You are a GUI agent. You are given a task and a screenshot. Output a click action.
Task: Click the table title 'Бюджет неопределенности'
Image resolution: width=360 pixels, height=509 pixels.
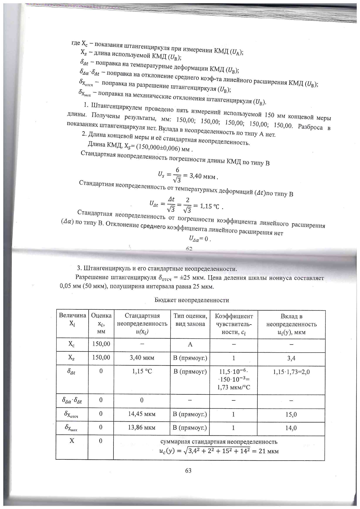(192, 300)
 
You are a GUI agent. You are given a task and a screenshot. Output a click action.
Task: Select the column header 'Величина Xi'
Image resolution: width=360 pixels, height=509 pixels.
(72, 319)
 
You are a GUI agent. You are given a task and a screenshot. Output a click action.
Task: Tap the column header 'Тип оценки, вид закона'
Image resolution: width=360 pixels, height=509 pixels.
(190, 320)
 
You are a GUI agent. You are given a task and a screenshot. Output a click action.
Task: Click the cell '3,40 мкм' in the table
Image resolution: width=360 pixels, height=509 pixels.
(142, 358)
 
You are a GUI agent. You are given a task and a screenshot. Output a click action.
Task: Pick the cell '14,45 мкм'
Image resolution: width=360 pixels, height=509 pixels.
(142, 414)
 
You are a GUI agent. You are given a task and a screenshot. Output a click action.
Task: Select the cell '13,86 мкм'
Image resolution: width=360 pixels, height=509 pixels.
(142, 427)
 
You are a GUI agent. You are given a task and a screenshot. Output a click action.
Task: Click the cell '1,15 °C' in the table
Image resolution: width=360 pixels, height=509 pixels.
(142, 371)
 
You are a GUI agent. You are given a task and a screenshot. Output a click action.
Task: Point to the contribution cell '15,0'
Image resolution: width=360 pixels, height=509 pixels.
(291, 414)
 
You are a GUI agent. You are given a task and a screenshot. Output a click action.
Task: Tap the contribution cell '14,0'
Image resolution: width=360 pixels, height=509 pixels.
(291, 428)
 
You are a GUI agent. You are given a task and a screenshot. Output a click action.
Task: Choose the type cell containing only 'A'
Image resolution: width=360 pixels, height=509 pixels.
(190, 344)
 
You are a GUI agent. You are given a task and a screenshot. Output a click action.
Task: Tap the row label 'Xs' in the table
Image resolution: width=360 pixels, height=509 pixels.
(72, 358)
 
